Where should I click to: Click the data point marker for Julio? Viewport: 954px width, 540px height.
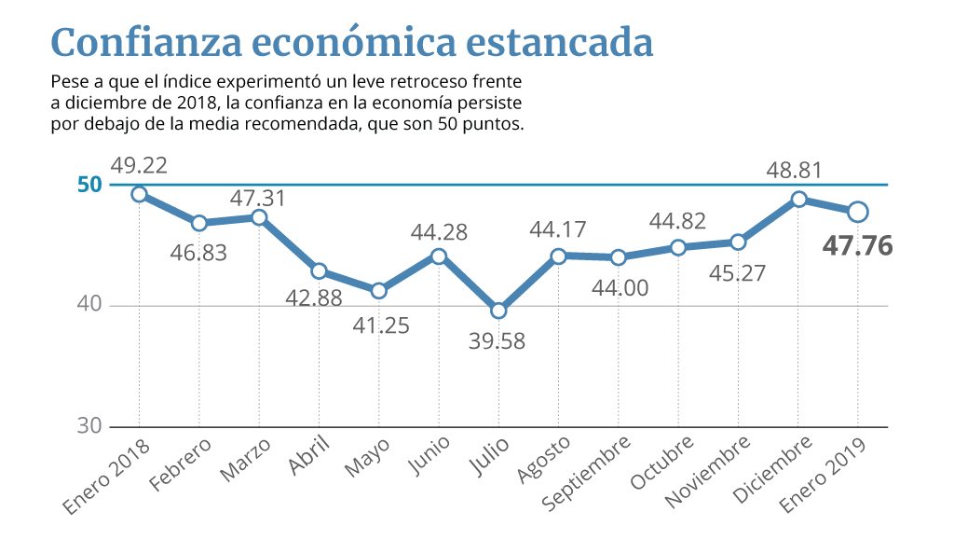498,311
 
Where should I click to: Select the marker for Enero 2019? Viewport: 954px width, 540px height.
858,212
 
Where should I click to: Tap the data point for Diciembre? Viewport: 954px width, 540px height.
798,199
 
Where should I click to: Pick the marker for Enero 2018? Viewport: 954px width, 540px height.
139,194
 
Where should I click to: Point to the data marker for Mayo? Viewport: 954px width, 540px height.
379,291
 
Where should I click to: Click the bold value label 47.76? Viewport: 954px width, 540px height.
858,246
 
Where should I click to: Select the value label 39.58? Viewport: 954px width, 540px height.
498,341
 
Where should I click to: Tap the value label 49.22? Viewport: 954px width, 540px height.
139,165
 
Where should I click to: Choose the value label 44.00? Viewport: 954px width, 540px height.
619,288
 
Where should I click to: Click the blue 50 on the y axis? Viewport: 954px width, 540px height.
89,184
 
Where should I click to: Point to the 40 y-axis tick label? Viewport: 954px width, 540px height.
89,306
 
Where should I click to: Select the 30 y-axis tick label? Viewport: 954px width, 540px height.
89,426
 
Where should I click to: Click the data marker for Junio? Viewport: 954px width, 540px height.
439,256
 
